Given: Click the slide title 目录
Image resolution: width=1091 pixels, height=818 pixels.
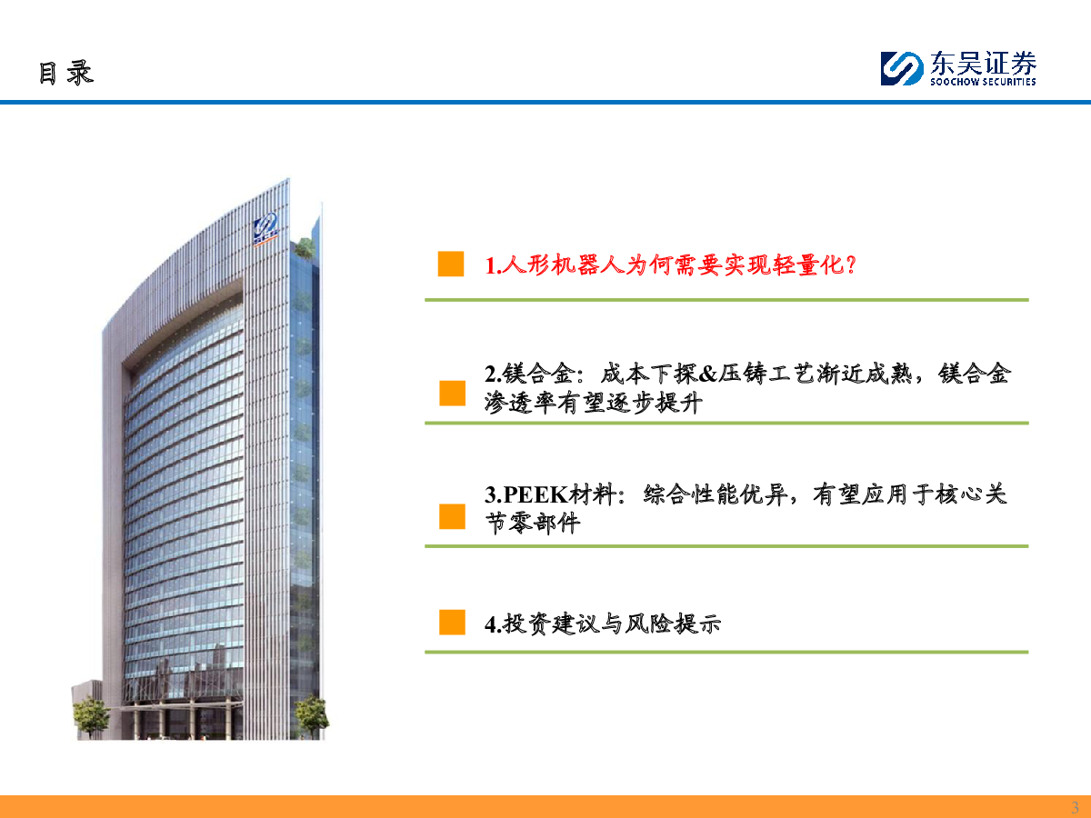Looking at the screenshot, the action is click(x=66, y=73).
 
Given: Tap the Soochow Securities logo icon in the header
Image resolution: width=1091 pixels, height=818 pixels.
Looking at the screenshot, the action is click(x=902, y=68).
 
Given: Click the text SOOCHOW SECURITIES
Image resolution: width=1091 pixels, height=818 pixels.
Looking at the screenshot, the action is click(x=983, y=82).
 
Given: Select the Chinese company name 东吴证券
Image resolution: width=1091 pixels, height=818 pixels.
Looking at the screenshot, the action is click(x=983, y=63).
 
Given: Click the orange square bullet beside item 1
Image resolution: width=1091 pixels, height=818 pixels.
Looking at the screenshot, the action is click(x=451, y=264).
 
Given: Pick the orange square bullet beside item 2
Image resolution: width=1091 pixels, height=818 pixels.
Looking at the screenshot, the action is click(x=452, y=394).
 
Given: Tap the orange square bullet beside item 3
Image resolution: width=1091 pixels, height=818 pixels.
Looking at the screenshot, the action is click(x=452, y=516).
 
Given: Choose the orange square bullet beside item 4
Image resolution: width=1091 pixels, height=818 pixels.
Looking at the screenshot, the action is click(x=452, y=623).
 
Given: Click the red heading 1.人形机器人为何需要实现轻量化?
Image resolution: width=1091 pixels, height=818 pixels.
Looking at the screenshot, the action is click(x=670, y=265).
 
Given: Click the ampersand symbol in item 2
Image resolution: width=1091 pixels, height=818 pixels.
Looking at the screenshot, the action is click(x=707, y=374).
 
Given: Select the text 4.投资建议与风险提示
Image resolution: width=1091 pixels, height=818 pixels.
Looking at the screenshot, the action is click(x=603, y=623).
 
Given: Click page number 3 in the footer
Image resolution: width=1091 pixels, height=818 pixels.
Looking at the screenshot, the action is click(x=1075, y=807).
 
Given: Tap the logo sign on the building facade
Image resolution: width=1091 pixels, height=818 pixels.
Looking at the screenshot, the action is click(x=265, y=229).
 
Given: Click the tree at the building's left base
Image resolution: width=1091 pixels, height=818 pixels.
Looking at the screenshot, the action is click(x=90, y=716).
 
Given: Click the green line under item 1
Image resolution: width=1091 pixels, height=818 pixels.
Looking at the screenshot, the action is click(x=726, y=300).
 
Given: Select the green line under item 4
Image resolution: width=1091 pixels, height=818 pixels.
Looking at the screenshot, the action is click(x=726, y=652).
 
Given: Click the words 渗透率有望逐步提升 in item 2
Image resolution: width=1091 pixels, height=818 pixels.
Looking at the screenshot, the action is click(x=594, y=403).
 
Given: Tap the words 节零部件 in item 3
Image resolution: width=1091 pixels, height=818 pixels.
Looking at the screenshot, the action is click(x=533, y=523).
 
